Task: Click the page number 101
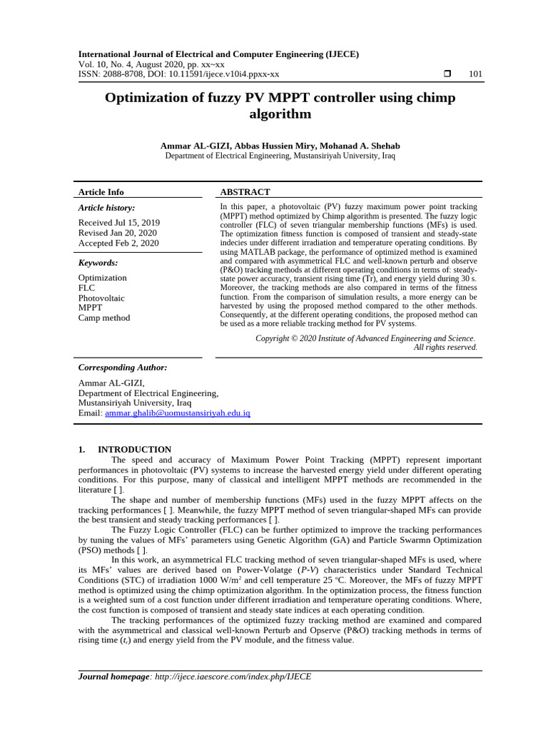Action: (475, 74)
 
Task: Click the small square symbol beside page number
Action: (447, 74)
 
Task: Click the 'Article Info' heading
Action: (101, 192)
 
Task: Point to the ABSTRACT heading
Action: (245, 192)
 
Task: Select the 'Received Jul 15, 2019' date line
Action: (118, 223)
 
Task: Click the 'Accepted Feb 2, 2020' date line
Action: (118, 243)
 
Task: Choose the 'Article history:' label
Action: (106, 208)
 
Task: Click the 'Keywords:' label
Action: (98, 263)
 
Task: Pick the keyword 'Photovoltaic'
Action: (101, 298)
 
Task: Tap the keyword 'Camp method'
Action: (104, 318)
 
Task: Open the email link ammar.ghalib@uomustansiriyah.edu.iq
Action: (177, 413)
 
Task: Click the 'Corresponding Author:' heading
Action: (123, 368)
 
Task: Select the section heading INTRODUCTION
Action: (134, 450)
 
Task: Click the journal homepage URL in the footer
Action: (233, 677)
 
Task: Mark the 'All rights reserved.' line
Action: (445, 348)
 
